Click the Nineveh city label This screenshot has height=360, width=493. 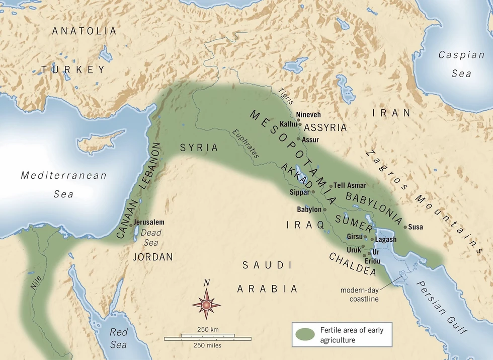[x=308, y=115]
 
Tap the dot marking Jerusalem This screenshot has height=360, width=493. [x=131, y=226]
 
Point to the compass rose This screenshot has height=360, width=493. [x=206, y=304]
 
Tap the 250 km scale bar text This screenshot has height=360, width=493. [x=207, y=329]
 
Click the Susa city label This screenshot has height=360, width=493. [x=416, y=227]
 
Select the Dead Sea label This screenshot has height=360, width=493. [x=150, y=238]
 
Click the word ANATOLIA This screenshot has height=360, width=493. [x=85, y=31]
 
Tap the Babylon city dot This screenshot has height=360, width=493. [x=324, y=209]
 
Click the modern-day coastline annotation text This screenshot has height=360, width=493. [x=359, y=295]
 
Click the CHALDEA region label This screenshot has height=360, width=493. [x=352, y=264]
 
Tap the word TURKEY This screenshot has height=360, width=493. [x=73, y=69]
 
